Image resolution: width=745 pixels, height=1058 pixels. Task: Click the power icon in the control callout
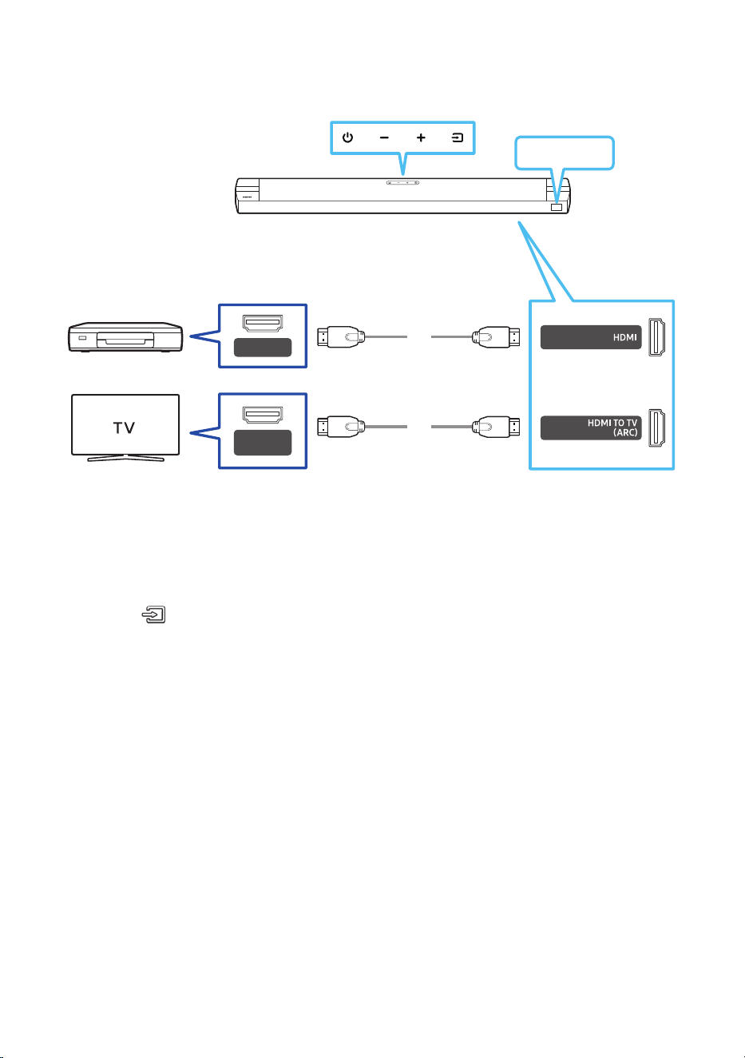coord(347,137)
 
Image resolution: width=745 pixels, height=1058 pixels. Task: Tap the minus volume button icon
coord(384,138)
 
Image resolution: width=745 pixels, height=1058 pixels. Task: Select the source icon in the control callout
coord(458,137)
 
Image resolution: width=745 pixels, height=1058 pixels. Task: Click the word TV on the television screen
coord(125,428)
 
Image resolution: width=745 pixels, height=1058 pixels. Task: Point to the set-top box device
coord(125,337)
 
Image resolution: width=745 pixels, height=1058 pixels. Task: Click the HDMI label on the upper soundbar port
coord(624,337)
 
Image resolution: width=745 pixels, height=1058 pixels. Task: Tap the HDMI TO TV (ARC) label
coord(612,428)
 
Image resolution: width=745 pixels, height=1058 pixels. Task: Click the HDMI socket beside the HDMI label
coord(656,337)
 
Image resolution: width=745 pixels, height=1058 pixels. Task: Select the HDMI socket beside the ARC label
coord(656,428)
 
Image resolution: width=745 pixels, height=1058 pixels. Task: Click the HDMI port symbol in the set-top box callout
coord(263,323)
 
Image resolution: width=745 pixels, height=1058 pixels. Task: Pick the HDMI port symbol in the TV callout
coord(263,415)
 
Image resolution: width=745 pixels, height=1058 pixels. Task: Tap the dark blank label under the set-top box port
coord(263,348)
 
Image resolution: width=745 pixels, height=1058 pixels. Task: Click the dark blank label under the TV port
coord(263,443)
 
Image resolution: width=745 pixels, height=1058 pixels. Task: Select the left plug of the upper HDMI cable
coord(341,336)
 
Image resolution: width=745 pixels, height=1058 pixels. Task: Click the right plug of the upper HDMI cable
coord(496,336)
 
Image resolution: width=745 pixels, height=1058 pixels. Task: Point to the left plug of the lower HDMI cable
coord(341,427)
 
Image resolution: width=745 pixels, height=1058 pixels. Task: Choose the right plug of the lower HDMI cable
coord(496,427)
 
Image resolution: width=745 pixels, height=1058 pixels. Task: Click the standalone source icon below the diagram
coord(154,615)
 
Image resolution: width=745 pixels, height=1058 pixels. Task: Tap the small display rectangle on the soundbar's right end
coord(557,207)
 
